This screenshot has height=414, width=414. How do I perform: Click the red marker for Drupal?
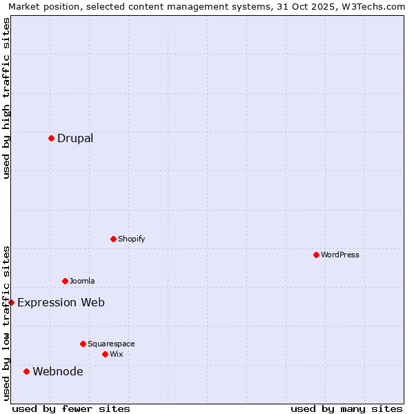point(51,138)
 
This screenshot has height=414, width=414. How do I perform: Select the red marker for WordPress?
point(316,255)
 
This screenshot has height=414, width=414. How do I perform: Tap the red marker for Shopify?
point(113,239)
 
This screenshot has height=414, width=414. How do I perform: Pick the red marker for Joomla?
point(65,281)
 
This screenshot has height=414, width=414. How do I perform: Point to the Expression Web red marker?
point(11,302)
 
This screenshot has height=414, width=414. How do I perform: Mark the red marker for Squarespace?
point(83,344)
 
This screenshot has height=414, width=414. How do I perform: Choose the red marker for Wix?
point(105,354)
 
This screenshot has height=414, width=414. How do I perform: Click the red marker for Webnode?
point(26,371)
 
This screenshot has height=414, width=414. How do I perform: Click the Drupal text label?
point(75,138)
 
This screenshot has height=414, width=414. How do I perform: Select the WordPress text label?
point(340,255)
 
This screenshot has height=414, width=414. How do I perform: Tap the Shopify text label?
point(132,239)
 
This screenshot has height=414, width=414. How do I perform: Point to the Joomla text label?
point(82,281)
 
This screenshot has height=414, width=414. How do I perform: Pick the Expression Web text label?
point(61,302)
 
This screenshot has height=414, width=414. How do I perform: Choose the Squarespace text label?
point(111,344)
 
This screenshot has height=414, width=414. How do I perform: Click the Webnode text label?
point(58,371)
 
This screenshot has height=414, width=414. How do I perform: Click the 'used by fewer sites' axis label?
point(71,408)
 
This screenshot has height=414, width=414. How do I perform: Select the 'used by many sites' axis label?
point(346,408)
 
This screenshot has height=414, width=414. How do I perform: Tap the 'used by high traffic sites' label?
point(6,98)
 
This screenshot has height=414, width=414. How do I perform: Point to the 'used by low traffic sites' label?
point(6,323)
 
